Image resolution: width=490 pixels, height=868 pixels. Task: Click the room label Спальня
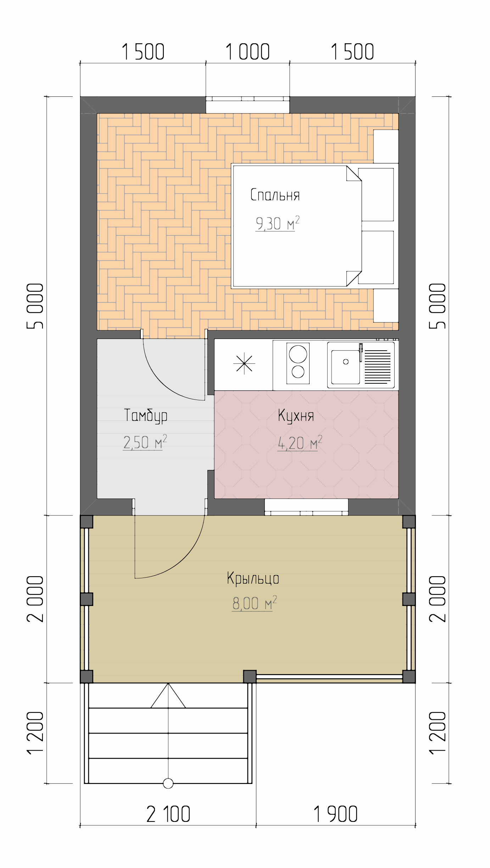click(275, 195)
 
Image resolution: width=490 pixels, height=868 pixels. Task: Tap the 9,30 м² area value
click(278, 223)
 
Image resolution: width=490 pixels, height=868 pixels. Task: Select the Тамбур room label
click(146, 416)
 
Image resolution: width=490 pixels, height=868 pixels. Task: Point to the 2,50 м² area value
click(145, 442)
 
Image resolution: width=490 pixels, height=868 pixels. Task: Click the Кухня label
click(296, 416)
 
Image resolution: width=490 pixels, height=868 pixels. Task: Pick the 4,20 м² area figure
click(300, 443)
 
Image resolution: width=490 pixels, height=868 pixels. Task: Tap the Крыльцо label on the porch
click(253, 578)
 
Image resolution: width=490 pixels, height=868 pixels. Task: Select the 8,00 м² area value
click(255, 603)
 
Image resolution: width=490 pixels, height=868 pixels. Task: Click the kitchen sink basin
click(346, 367)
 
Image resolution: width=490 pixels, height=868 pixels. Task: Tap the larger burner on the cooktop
click(298, 354)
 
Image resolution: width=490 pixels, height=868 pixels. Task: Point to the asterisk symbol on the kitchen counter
click(244, 364)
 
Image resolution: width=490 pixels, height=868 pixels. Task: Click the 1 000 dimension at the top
click(247, 52)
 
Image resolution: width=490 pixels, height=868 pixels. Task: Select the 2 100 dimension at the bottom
click(168, 814)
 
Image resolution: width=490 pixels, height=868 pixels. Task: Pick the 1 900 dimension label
click(335, 814)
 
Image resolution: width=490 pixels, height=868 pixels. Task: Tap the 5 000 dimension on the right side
click(438, 306)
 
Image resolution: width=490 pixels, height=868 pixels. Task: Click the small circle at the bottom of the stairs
click(168, 783)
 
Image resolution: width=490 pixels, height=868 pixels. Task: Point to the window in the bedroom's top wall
click(248, 105)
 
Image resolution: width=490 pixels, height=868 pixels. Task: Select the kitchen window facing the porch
click(306, 507)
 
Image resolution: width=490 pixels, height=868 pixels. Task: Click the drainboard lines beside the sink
click(378, 367)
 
